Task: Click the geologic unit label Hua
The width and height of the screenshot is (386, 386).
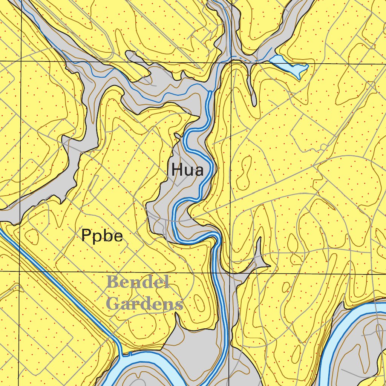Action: pos(187,170)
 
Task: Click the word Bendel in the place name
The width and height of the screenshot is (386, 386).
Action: pos(138,282)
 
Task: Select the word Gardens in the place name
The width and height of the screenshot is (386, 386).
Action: pos(145,303)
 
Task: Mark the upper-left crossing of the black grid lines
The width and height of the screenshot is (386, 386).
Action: pos(21,61)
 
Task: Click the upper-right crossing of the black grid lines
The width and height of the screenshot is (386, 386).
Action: pos(230,63)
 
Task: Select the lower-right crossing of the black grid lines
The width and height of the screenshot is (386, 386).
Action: pos(230,271)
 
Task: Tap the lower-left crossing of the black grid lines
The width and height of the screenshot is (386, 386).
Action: pos(20,271)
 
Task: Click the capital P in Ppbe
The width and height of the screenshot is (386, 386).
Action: pos(86,236)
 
